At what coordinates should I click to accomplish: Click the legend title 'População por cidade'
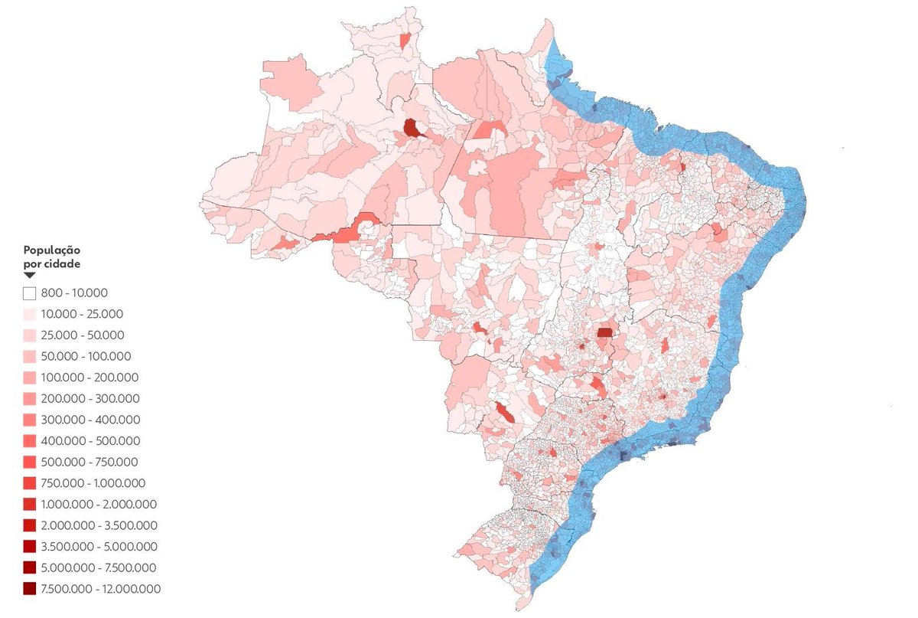pyautogui.click(x=52, y=257)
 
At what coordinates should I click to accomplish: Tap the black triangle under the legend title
pyautogui.click(x=29, y=275)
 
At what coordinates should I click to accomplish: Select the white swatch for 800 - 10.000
pyautogui.click(x=30, y=293)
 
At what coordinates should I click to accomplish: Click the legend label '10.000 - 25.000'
pyautogui.click(x=83, y=314)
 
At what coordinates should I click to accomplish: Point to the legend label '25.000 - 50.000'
pyautogui.click(x=83, y=335)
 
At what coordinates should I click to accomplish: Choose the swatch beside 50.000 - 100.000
pyautogui.click(x=30, y=356)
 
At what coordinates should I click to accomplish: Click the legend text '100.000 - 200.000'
pyautogui.click(x=90, y=378)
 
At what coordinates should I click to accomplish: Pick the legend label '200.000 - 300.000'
pyautogui.click(x=90, y=398)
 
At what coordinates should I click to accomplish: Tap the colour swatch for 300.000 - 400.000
pyautogui.click(x=30, y=420)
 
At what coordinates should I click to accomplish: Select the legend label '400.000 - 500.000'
pyautogui.click(x=90, y=441)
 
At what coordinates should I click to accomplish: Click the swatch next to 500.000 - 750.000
pyautogui.click(x=30, y=462)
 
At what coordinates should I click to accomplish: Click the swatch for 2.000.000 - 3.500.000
pyautogui.click(x=30, y=525)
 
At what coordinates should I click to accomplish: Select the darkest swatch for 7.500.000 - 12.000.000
pyautogui.click(x=30, y=588)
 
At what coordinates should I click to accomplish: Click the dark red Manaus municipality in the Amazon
pyautogui.click(x=412, y=129)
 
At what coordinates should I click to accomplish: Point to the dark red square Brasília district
pyautogui.click(x=605, y=332)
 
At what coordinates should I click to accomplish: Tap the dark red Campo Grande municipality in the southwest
pyautogui.click(x=505, y=413)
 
